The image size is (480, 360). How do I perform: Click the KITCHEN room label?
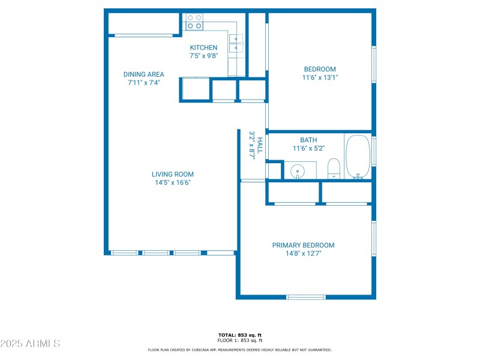coord(203,47)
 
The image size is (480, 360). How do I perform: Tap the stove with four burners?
coord(194,22)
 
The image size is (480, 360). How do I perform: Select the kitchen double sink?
coord(236,44)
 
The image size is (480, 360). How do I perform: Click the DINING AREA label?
coord(143,74)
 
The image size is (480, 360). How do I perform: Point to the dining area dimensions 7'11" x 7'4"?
coord(143,83)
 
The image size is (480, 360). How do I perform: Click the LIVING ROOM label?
coord(172,175)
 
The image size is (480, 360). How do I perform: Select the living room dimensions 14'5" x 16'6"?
coord(172,182)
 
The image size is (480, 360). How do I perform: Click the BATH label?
coord(308,140)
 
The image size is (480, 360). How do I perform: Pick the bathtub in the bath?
coord(358,157)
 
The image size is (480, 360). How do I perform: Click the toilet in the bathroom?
coord(334,169)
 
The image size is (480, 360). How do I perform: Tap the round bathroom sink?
coord(298,172)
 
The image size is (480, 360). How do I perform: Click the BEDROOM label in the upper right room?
coord(320,69)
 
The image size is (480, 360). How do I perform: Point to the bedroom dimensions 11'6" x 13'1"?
coord(320,77)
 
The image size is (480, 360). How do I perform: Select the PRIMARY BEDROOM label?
coord(303,245)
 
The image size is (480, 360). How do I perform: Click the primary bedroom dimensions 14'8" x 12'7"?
coord(303,253)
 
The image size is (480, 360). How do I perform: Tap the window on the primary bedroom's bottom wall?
coord(305,296)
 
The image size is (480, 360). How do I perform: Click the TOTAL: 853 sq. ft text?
coord(239,335)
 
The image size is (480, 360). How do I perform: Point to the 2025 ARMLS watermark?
coord(30,344)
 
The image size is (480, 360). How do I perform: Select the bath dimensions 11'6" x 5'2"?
coord(308,148)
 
